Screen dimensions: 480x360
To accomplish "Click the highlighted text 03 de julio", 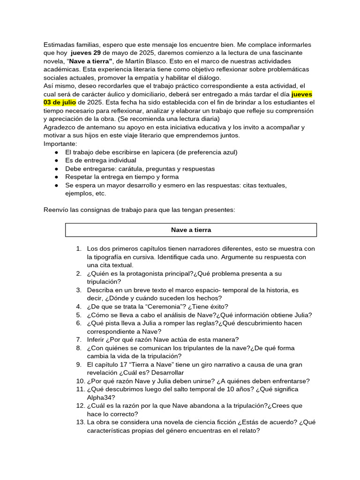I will (60, 102).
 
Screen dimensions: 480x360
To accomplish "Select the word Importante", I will (60, 143).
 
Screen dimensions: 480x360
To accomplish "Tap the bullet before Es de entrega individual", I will (56, 160).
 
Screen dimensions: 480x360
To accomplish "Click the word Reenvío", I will (56, 210).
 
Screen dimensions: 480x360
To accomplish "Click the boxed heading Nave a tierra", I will (191, 230).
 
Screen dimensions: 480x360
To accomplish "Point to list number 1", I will (79, 248).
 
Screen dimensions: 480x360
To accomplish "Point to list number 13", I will (78, 422).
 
